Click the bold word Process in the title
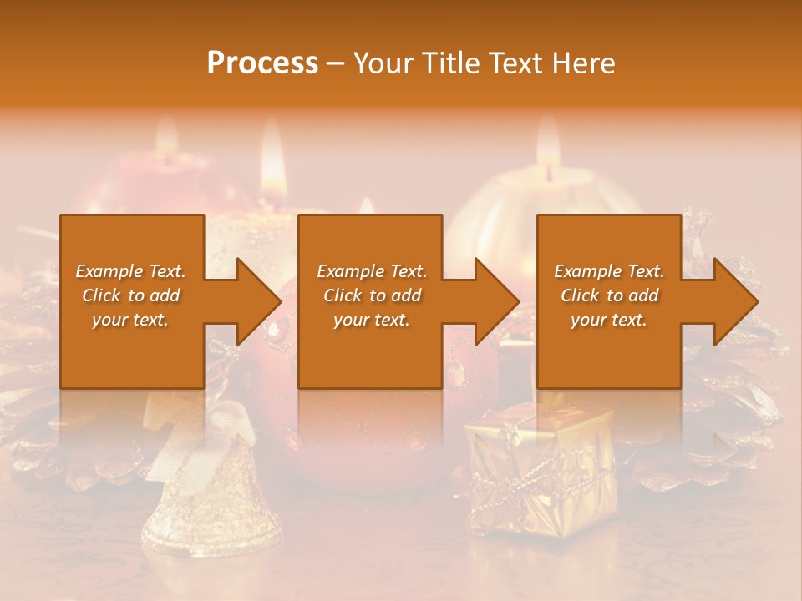262,63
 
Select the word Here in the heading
583,63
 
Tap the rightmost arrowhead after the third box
734,301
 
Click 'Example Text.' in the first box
130,271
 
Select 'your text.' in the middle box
371,320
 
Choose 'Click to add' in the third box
609,295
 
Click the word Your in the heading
381,63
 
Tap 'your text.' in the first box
130,320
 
